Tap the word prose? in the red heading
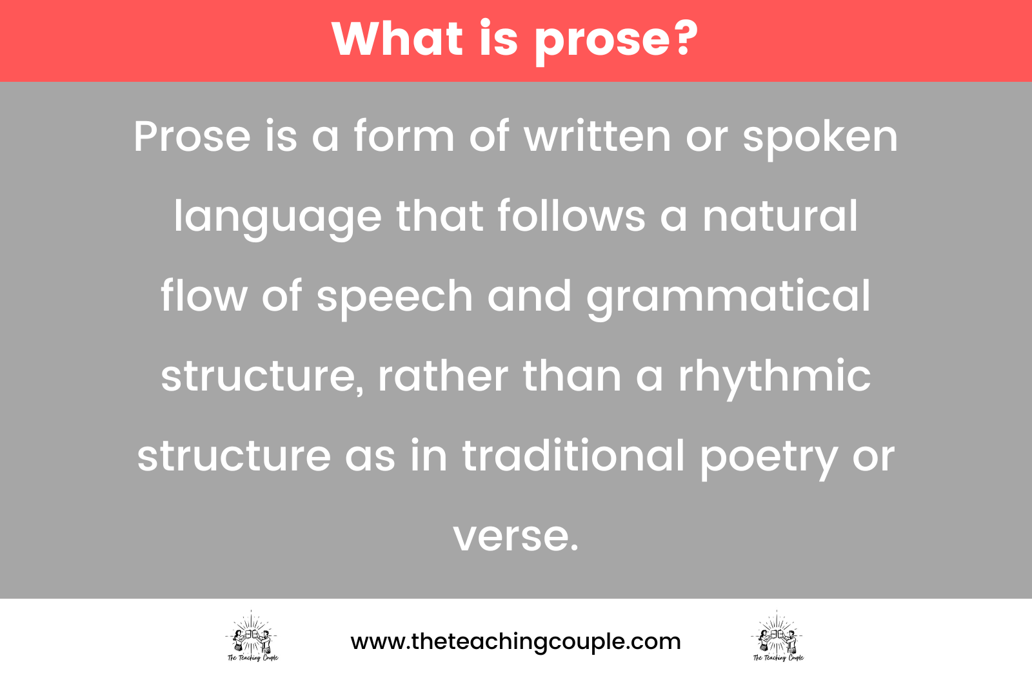[616, 40]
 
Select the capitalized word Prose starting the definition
[192, 137]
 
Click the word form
[404, 137]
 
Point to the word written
[597, 137]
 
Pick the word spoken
[820, 138]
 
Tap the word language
[277, 217]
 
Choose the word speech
[395, 297]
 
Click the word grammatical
[728, 297]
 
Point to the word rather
[442, 376]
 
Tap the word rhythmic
[774, 376]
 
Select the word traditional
[573, 456]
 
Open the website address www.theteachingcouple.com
[515, 642]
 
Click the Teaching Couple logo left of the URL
[252, 637]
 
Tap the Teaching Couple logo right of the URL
[778, 637]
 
